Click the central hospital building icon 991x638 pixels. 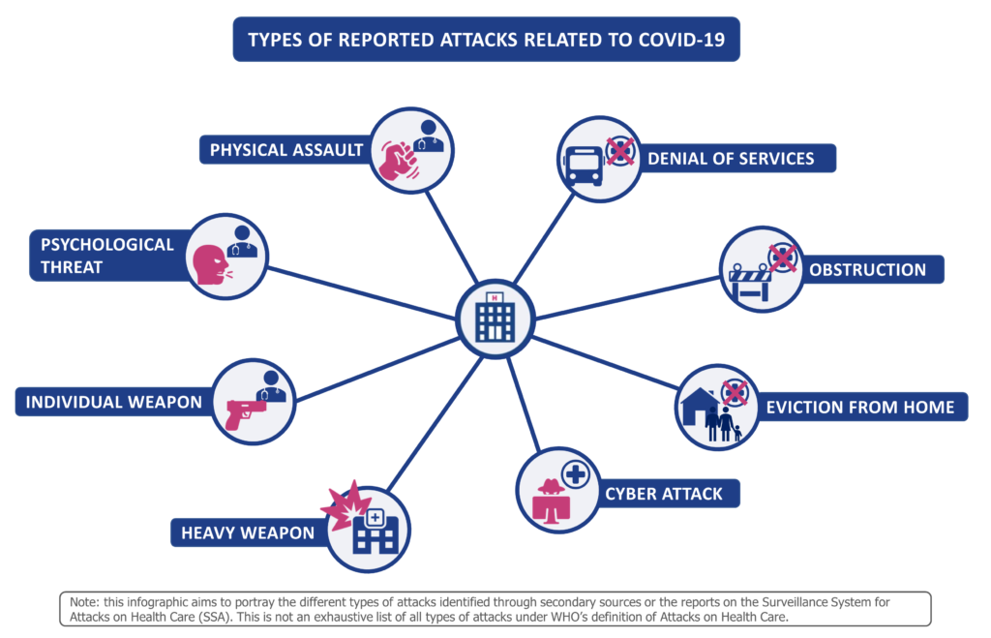495,317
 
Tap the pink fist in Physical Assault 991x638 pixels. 398,162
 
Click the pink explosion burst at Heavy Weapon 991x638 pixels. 345,505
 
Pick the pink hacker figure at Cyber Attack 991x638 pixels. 551,501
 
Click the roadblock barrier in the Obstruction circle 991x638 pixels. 750,283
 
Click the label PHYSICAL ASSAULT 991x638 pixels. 286,150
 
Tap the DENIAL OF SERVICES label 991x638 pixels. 731,158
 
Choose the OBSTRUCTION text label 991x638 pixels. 867,270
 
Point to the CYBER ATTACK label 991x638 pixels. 664,494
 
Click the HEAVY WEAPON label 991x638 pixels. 248,533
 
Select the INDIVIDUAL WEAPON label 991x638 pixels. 114,402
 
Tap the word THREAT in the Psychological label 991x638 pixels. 72,267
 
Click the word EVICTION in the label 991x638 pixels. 800,408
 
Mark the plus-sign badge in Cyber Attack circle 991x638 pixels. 575,474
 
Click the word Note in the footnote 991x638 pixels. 84,602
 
